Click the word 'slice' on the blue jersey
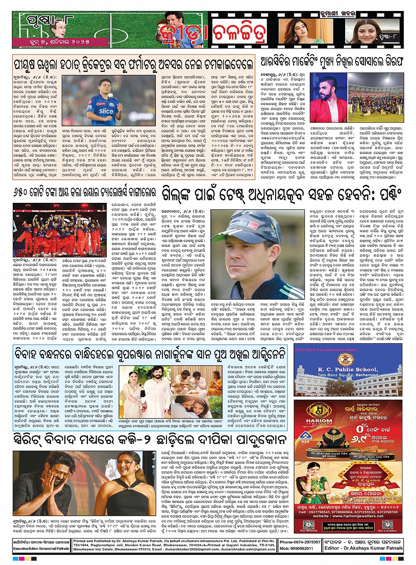tap(106, 111)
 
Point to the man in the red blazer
tap(327, 100)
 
